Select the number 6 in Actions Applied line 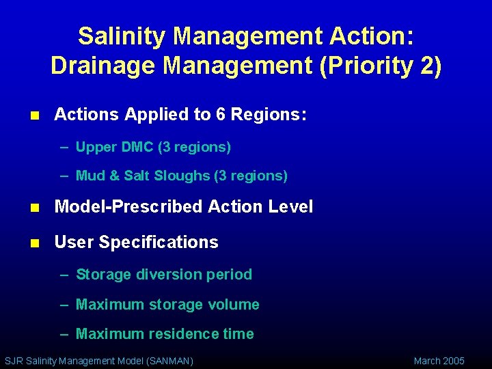(221, 115)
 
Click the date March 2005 (439, 361)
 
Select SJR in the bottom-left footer (14, 361)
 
